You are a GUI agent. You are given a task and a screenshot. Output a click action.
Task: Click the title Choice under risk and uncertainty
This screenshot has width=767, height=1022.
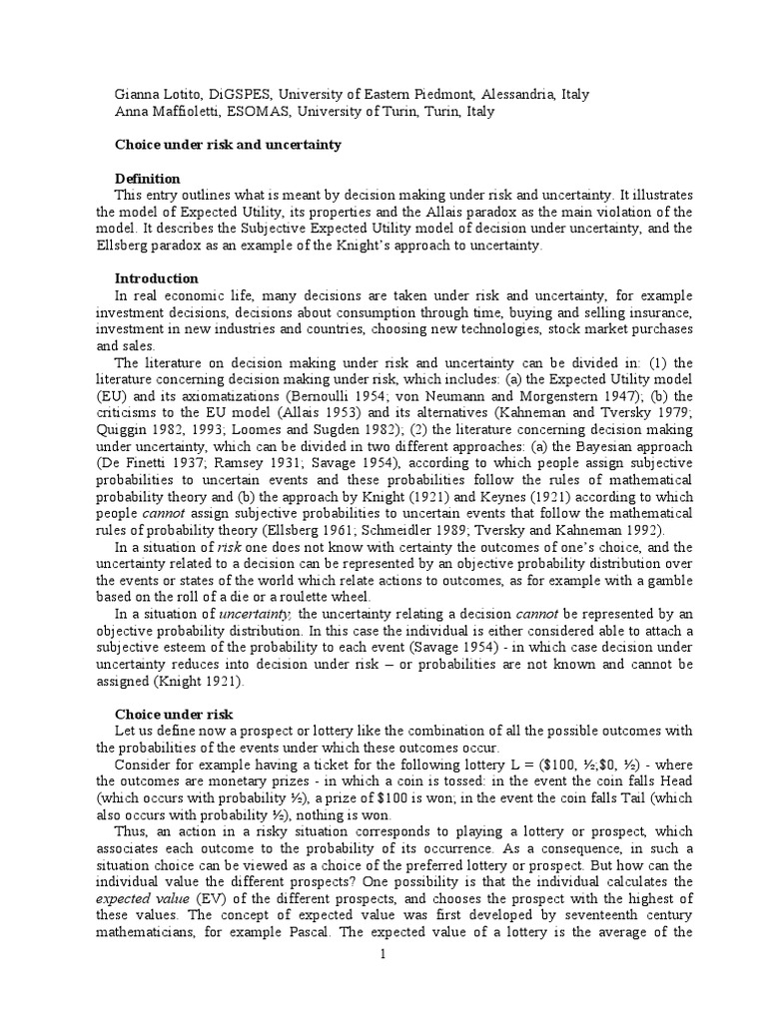[227, 145]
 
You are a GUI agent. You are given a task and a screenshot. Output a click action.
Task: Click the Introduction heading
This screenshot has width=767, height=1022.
[156, 278]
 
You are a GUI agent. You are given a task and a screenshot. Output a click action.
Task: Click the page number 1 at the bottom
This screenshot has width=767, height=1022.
[383, 955]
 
